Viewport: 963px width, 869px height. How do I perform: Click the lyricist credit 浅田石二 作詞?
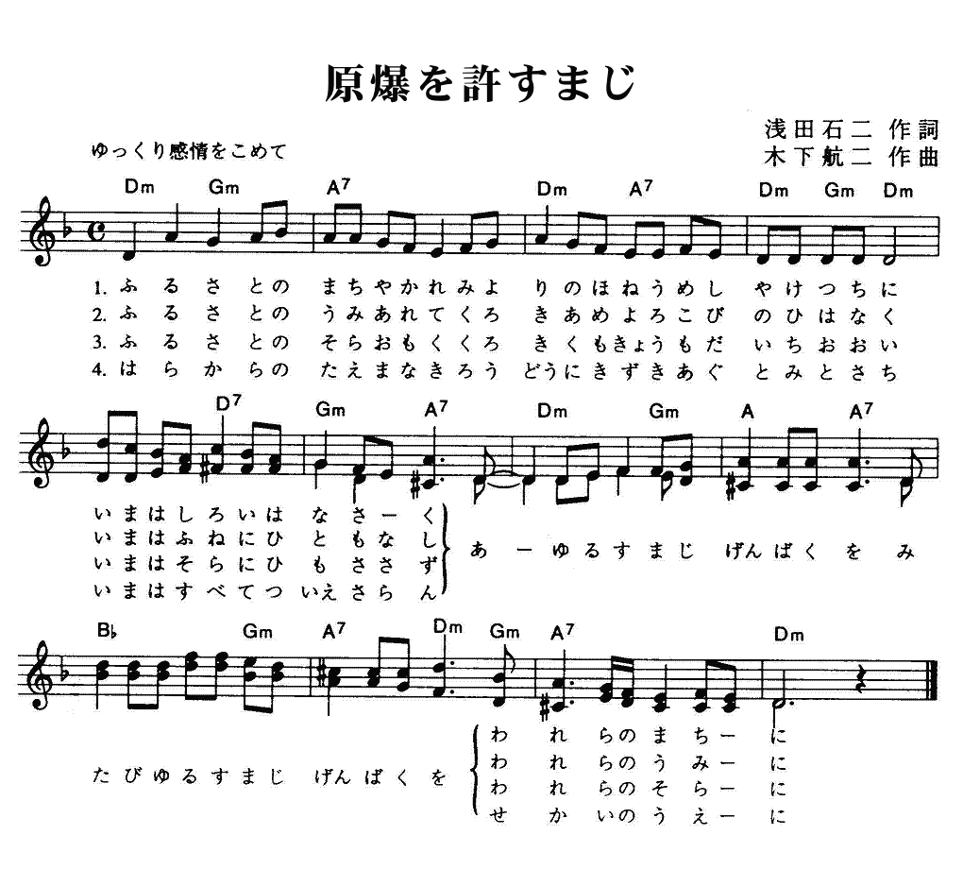tap(852, 129)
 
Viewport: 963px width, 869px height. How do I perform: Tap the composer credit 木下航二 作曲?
tap(852, 158)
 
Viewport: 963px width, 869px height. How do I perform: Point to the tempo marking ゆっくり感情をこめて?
tap(189, 150)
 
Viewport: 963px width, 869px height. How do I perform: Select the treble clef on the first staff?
tap(43, 231)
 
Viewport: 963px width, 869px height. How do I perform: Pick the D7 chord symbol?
tap(228, 403)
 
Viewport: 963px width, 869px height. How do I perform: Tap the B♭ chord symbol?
tap(107, 631)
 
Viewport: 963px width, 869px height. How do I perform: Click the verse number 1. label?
tap(100, 287)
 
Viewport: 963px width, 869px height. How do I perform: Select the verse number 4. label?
tap(100, 372)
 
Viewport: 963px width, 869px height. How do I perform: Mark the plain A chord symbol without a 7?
tap(747, 413)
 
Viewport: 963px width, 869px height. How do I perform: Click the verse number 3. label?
tap(100, 344)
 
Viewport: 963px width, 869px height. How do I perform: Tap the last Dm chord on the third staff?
tap(789, 634)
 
